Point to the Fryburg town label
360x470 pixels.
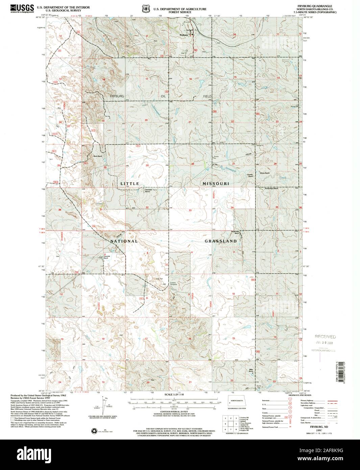(x=184, y=35)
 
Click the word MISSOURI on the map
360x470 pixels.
(x=216, y=183)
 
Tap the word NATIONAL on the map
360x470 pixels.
(x=124, y=241)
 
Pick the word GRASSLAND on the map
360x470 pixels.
(x=220, y=241)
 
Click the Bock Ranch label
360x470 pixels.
(x=98, y=156)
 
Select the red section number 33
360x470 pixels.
(x=190, y=210)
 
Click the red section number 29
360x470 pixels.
(x=147, y=165)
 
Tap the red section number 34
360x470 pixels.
(x=233, y=207)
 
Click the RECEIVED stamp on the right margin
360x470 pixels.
(x=325, y=336)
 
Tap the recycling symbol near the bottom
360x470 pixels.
(x=94, y=431)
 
